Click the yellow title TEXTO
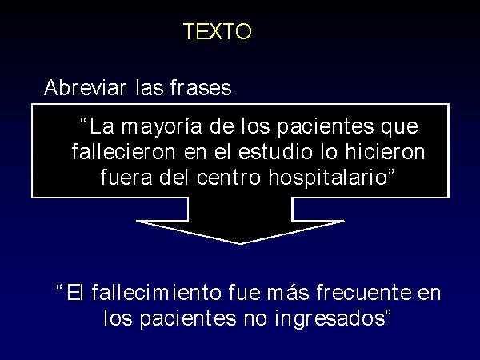pyautogui.click(x=218, y=31)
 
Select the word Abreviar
pyautogui.click(x=85, y=87)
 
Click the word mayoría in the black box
pyautogui.click(x=162, y=126)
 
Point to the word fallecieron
pyautogui.click(x=124, y=152)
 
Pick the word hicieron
pyautogui.click(x=385, y=152)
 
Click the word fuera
pyautogui.click(x=126, y=178)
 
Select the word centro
pyautogui.click(x=228, y=178)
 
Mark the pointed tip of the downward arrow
pyautogui.click(x=240, y=244)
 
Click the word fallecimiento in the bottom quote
pyautogui.click(x=156, y=292)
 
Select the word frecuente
pyautogui.click(x=364, y=292)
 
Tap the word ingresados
pyautogui.click(x=330, y=318)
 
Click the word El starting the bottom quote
pyautogui.click(x=75, y=292)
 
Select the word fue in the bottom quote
pyautogui.click(x=244, y=292)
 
